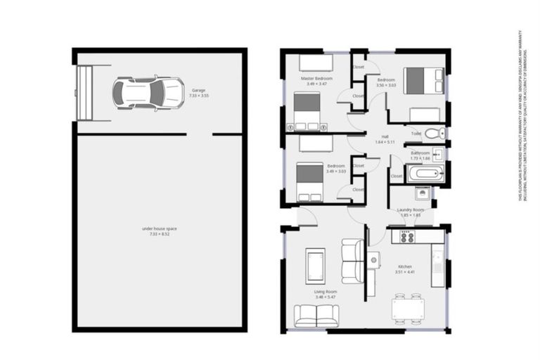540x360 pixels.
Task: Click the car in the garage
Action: coord(148,93)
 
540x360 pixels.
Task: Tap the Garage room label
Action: coord(198,90)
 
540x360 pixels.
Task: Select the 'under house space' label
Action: coord(159,229)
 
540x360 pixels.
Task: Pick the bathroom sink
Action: coord(437,153)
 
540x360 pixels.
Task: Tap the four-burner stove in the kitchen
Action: coord(407,237)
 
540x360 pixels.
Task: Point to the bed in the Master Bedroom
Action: coord(307,111)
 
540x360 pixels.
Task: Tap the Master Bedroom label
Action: coord(316,78)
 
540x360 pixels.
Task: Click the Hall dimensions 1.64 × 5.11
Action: coord(385,142)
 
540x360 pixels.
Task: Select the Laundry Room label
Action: coord(410,210)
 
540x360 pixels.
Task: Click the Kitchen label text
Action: coord(406,267)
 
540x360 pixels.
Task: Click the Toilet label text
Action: coord(416,133)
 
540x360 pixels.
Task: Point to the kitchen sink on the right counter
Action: coord(437,263)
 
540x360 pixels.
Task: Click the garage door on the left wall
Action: coord(84,93)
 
